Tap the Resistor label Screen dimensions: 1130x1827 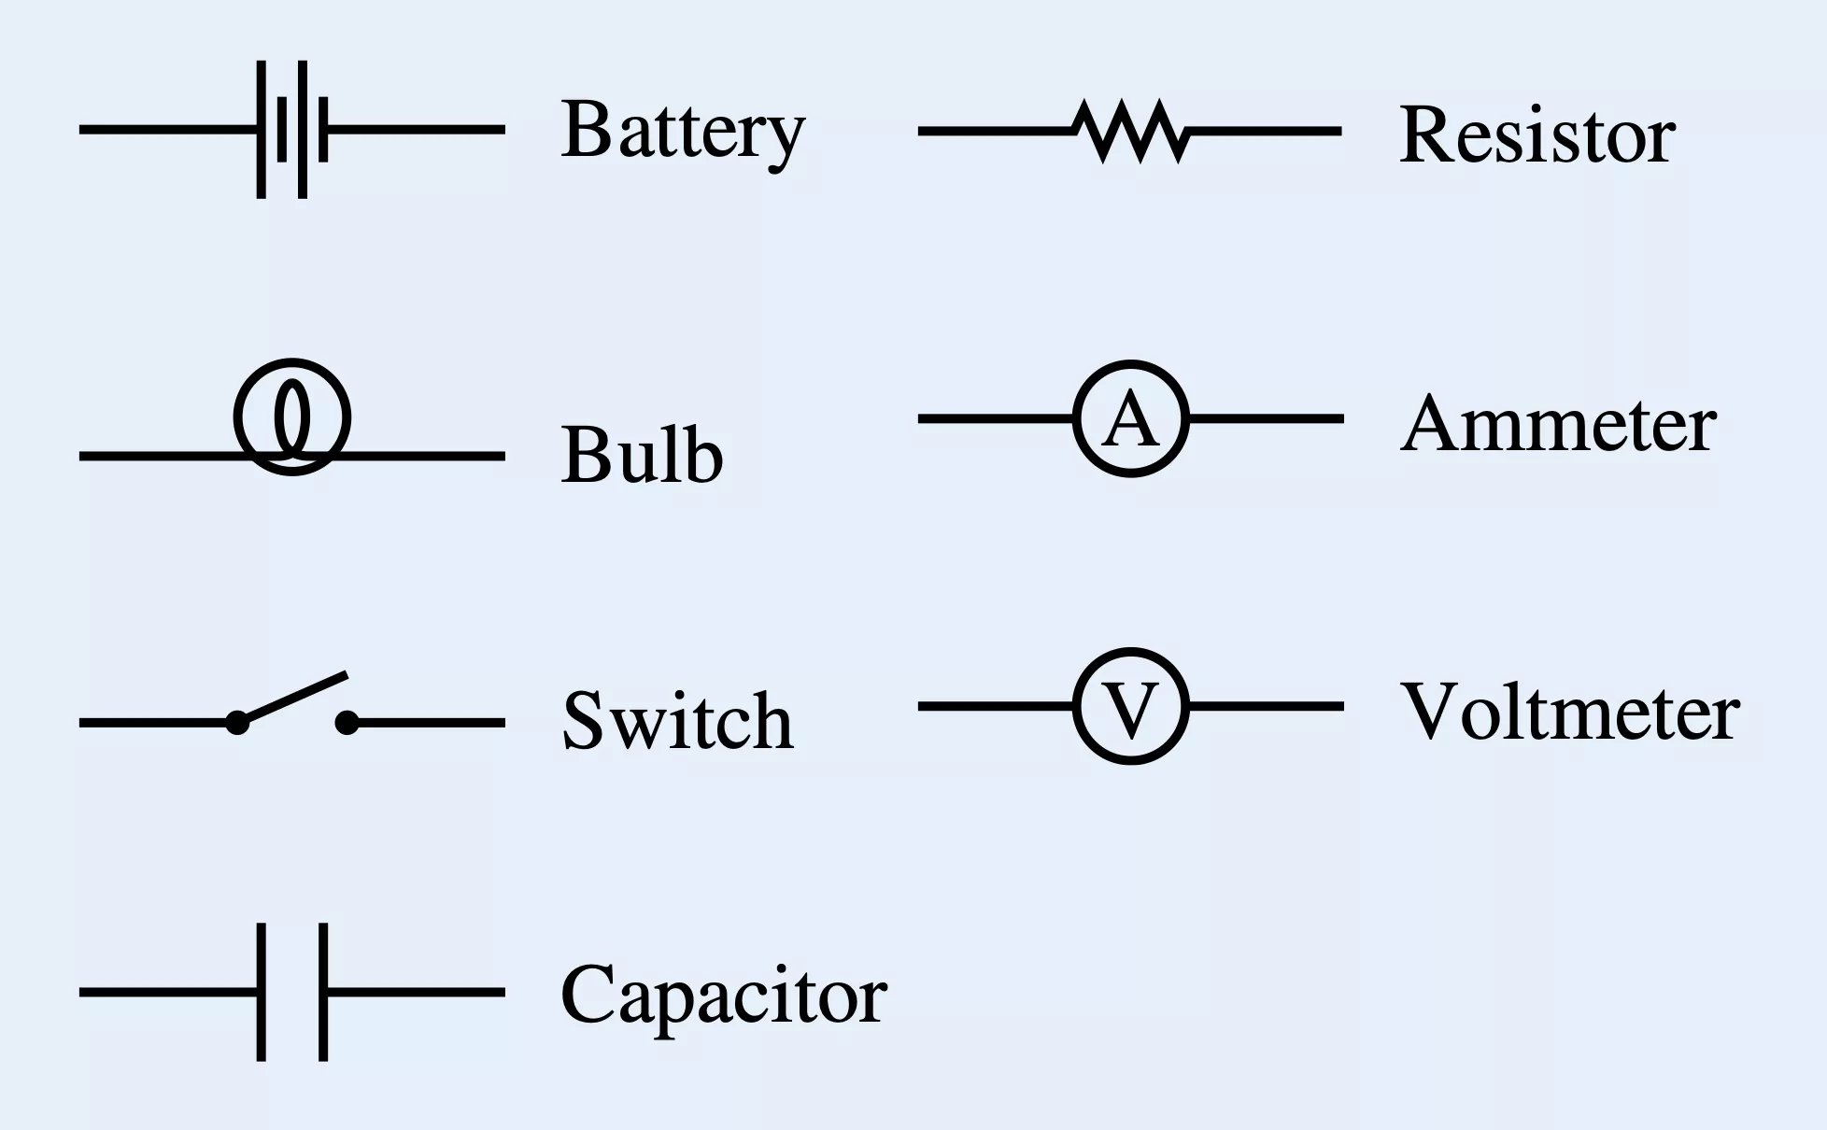tap(1537, 135)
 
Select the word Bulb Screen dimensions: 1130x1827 tap(642, 455)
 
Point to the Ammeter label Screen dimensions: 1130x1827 tap(1558, 424)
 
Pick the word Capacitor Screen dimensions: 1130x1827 tap(724, 996)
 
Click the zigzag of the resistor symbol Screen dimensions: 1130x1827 tap(1131, 131)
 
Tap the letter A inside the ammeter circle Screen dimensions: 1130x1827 tap(1130, 419)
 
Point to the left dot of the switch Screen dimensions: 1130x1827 tap(237, 722)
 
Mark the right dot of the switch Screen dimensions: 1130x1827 tap(347, 722)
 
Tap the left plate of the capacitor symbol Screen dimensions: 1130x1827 tap(262, 992)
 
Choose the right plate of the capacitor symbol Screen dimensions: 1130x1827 tap(323, 992)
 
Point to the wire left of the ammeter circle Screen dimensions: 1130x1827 tap(995, 418)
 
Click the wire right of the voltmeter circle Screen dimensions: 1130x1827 tap(1267, 706)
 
